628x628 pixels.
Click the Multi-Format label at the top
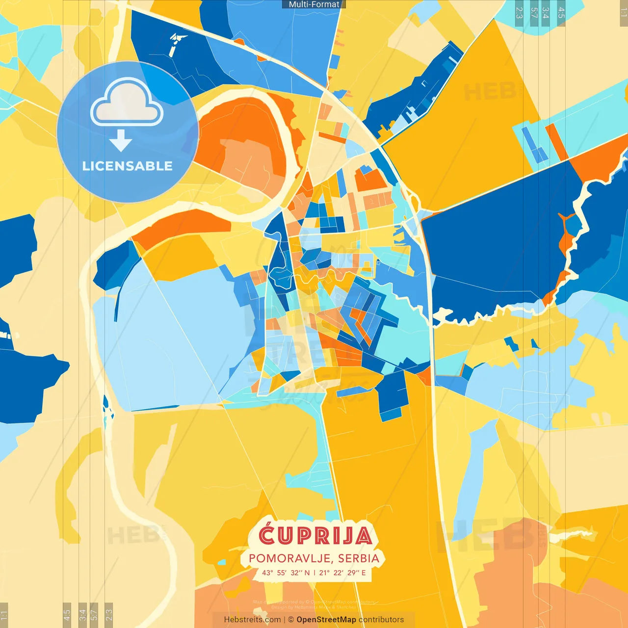(x=314, y=4)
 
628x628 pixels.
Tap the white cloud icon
(x=127, y=105)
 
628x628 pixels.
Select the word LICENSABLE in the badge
(x=128, y=166)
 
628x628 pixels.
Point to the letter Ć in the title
(x=267, y=534)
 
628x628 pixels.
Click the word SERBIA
(x=359, y=558)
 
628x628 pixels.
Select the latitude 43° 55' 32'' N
(x=286, y=573)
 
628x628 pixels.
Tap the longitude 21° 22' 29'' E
(x=342, y=573)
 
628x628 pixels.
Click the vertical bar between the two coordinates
(x=314, y=573)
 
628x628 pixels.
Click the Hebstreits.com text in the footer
(x=253, y=620)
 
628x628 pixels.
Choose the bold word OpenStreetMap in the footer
(x=326, y=620)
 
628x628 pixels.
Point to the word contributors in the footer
(x=381, y=620)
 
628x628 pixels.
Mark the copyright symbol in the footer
(x=291, y=620)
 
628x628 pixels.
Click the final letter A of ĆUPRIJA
(x=364, y=536)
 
